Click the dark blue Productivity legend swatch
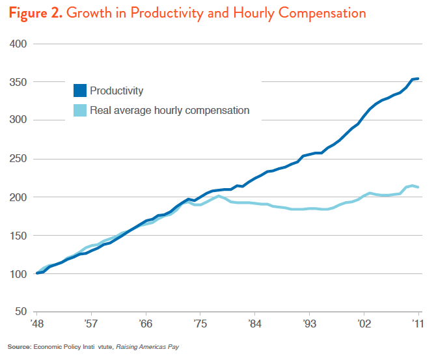pyautogui.click(x=80, y=91)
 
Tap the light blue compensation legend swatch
pyautogui.click(x=80, y=111)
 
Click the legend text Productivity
pyautogui.click(x=116, y=91)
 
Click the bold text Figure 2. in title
pyautogui.click(x=34, y=13)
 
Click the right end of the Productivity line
pyautogui.click(x=418, y=79)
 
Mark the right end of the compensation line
pyautogui.click(x=418, y=187)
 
